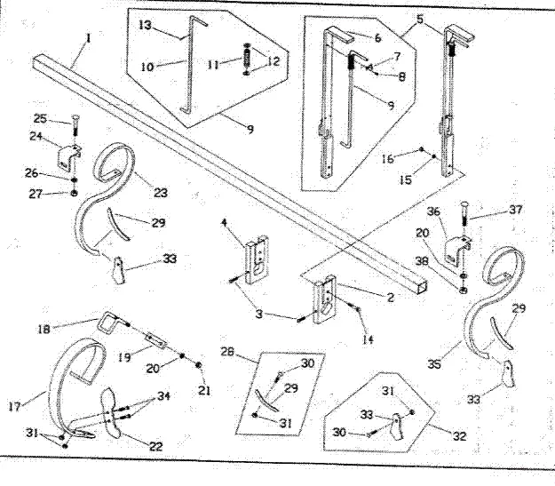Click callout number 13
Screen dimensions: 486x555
(146, 25)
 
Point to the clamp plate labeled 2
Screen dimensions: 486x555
(325, 297)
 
